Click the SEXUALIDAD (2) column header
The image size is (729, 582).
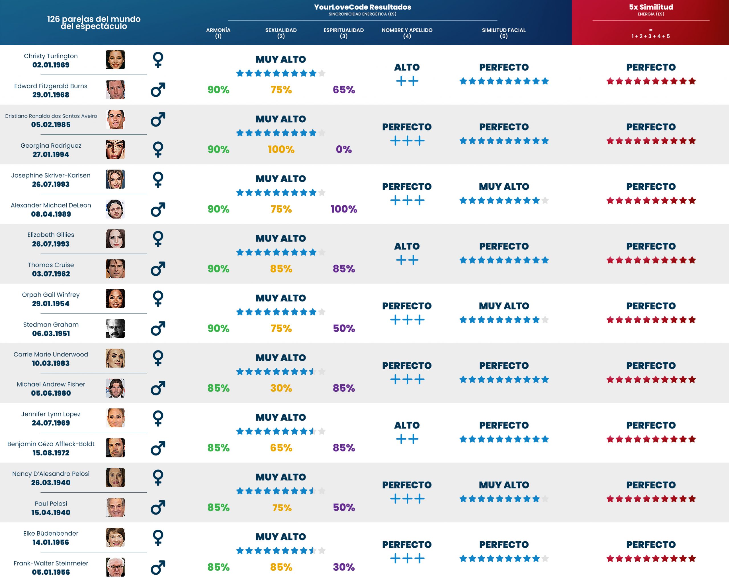tap(281, 33)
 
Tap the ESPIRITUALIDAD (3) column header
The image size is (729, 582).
tap(343, 33)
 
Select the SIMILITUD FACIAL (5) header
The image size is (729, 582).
tap(503, 33)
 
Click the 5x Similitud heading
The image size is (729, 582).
tap(651, 7)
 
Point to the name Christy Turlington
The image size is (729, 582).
tap(51, 56)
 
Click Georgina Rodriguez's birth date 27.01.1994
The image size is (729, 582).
tap(51, 154)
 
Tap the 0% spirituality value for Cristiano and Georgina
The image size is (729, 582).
tap(343, 149)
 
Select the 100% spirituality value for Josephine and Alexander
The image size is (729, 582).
tap(343, 209)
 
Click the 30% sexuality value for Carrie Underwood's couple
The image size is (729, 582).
tap(281, 388)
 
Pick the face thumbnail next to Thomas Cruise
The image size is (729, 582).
tap(115, 269)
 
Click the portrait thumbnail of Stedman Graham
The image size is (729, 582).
tap(115, 328)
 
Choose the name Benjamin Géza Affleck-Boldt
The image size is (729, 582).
tap(51, 444)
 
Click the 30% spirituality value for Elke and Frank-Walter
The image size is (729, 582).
tap(343, 567)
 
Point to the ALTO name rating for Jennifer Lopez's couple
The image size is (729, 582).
tap(407, 425)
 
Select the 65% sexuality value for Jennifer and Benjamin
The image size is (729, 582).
tap(281, 448)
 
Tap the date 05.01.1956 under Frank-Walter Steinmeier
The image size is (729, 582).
tap(51, 572)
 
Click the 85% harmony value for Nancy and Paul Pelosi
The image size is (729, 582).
tap(218, 507)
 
